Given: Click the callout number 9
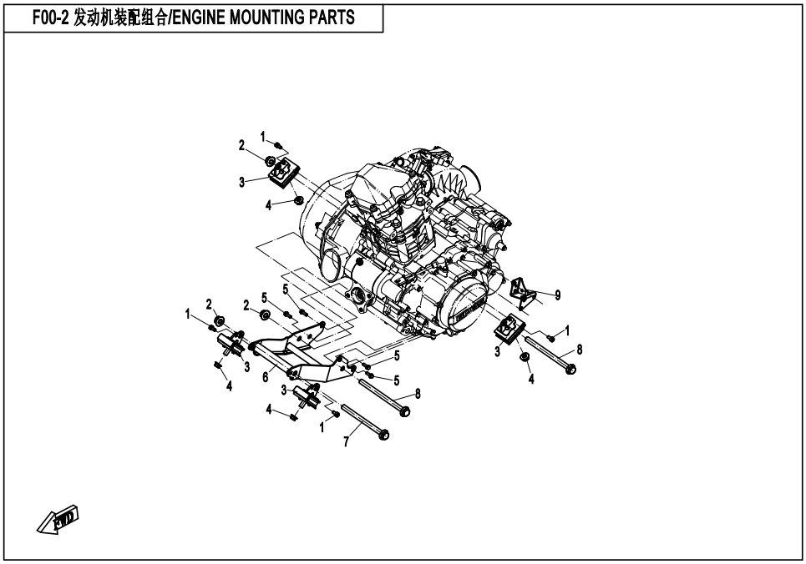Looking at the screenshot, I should point(558,295).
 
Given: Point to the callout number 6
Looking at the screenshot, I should point(265,377).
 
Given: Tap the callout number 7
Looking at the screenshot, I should point(346,440).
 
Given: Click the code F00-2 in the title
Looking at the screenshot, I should point(49,18).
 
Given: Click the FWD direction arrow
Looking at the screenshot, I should point(57,522).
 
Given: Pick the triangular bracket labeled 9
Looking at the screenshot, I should point(523,290).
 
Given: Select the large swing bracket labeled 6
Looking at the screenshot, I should point(288,355).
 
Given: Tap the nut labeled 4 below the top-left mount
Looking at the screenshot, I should point(296,199).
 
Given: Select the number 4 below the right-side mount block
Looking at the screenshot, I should point(532,380).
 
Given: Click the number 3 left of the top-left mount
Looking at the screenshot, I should point(241,182).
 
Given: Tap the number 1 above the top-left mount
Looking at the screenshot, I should point(263,136).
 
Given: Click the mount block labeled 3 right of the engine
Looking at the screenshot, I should point(509,330).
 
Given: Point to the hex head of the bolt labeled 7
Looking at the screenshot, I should point(384,435).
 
